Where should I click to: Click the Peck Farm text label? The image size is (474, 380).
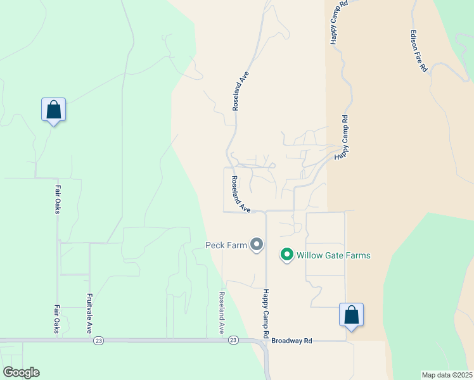coord(226,244)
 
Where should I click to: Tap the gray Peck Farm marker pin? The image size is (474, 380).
coord(257,244)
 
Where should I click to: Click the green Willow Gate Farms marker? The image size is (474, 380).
coord(286,255)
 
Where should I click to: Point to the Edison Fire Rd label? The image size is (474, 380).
coord(418,51)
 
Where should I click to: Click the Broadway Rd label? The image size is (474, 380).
coord(291,341)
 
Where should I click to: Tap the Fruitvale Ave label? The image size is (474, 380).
coord(89,313)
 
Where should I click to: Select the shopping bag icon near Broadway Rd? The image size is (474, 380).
coord(351,315)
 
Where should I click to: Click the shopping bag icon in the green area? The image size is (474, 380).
coord(54,110)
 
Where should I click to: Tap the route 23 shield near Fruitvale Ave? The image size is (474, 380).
coord(98,341)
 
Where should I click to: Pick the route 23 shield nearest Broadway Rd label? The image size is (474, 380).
coord(234,341)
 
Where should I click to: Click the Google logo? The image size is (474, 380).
coord(21,372)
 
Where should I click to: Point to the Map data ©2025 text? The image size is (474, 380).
coord(447,375)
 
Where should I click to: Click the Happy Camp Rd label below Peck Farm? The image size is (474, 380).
coord(266,313)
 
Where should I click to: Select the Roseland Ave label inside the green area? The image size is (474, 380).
coord(222,313)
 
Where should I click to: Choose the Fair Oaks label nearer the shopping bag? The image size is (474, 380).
coord(57,199)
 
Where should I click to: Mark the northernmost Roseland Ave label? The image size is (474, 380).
coord(241,91)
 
